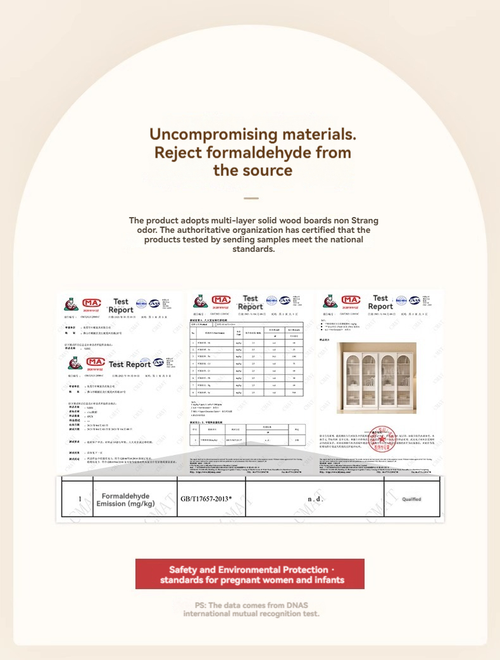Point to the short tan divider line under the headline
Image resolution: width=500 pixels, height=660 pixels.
click(251, 198)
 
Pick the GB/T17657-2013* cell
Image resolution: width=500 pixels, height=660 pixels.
click(206, 499)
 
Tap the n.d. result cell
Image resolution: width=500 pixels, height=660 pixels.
click(315, 499)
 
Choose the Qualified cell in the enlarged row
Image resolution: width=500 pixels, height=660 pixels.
click(411, 499)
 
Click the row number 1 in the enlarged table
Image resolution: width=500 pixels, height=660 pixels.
click(80, 499)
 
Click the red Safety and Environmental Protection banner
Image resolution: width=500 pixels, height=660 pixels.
click(250, 574)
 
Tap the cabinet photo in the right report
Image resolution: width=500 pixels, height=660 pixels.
click(376, 377)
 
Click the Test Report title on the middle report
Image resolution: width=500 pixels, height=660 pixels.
click(251, 302)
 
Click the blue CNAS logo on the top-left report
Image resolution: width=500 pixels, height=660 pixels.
click(155, 304)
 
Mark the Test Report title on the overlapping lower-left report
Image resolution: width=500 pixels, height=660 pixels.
click(130, 364)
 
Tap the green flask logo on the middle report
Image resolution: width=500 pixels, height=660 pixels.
click(201, 301)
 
